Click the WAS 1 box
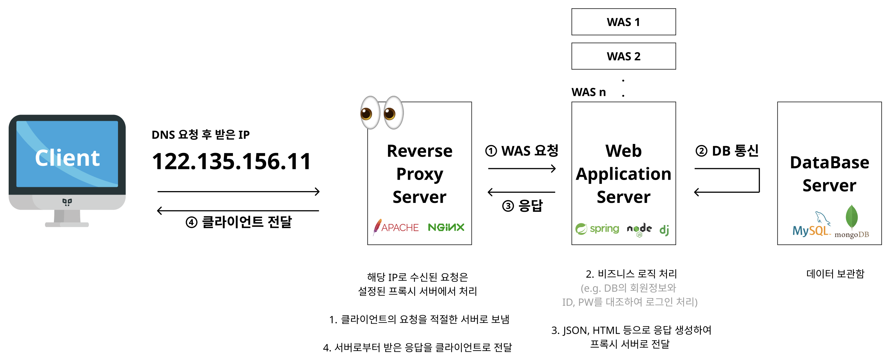pyautogui.click(x=623, y=22)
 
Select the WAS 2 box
pyautogui.click(x=623, y=56)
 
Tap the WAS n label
pyautogui.click(x=588, y=92)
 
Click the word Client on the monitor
pyautogui.click(x=67, y=158)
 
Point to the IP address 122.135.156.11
pyautogui.click(x=231, y=161)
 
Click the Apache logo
pyautogui.click(x=396, y=227)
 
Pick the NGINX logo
pyautogui.click(x=446, y=227)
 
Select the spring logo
pyautogui.click(x=597, y=228)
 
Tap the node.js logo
pyautogui.click(x=639, y=229)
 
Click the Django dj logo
pyautogui.click(x=664, y=230)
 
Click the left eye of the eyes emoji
pyautogui.click(x=370, y=113)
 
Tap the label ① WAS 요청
pyautogui.click(x=522, y=151)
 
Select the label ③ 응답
pyautogui.click(x=522, y=206)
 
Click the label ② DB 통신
pyautogui.click(x=727, y=151)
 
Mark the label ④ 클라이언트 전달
pyautogui.click(x=239, y=222)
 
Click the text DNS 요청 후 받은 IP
pyautogui.click(x=200, y=134)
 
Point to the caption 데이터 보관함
pyautogui.click(x=835, y=274)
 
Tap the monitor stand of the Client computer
pyautogui.click(x=67, y=218)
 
